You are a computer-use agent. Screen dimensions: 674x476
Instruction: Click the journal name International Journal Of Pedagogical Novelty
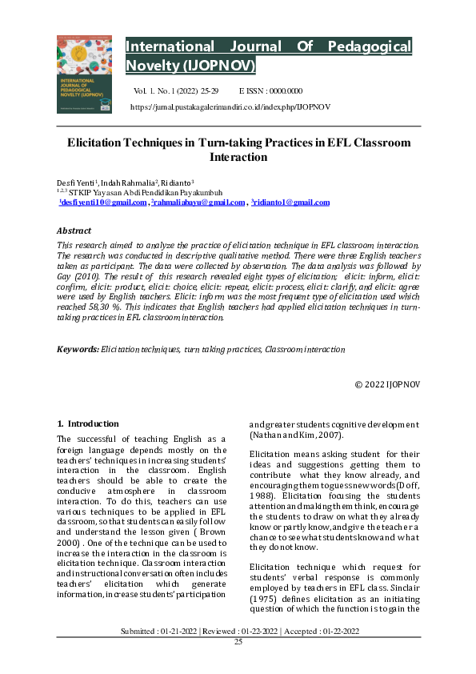click(269, 55)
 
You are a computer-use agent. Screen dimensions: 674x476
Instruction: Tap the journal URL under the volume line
click(230, 106)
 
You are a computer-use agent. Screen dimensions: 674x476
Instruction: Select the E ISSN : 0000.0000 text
click(270, 91)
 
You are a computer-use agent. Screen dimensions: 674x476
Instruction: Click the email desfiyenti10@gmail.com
click(104, 203)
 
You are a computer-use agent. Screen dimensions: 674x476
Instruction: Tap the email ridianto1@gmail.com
click(290, 203)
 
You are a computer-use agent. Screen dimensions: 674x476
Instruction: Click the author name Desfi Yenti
click(74, 183)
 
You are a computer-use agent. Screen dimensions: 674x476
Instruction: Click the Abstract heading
click(74, 231)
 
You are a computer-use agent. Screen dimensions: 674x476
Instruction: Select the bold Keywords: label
click(78, 350)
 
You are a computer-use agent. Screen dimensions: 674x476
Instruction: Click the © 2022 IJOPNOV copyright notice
click(387, 384)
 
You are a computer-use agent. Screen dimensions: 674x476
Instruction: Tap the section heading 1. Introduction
click(88, 423)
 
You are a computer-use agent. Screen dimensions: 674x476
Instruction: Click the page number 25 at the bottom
click(238, 664)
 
